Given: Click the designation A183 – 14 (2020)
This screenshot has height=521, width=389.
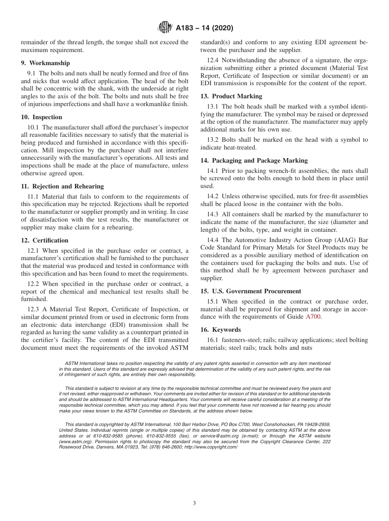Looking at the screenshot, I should coord(204,28).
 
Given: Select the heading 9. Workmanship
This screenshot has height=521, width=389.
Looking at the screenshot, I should coord(45,63).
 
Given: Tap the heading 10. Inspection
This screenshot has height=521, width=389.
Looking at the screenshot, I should coord(41,117).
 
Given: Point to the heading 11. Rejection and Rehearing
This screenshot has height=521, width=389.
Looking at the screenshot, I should coord(62,186).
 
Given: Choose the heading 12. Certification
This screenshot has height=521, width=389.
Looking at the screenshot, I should coord(45,240).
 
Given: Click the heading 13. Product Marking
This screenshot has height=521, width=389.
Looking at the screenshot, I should coord(231,96).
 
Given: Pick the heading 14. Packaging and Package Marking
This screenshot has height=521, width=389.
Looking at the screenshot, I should coord(254,161).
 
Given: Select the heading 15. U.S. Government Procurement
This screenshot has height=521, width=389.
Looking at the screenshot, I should coord(251,291).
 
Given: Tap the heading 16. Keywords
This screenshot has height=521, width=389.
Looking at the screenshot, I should coord(221,330).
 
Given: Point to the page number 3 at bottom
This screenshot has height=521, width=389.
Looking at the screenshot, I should coord(194,503).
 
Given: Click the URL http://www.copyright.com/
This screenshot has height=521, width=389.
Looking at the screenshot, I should coord(213,447).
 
